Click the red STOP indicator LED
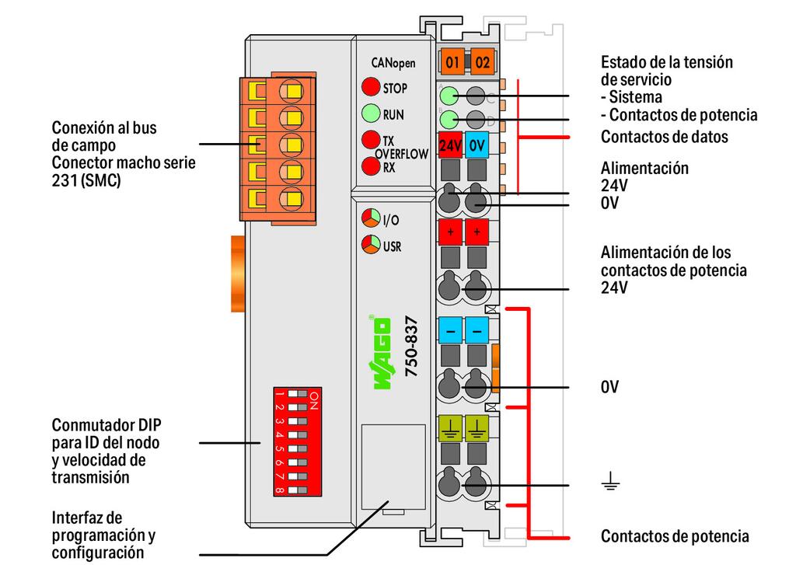[371, 87]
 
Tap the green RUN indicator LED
[371, 115]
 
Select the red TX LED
[371, 140]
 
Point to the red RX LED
[371, 166]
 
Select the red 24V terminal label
[451, 145]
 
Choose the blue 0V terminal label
[477, 145]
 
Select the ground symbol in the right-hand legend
[610, 485]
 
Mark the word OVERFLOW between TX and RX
[401, 154]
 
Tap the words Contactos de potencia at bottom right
[675, 536]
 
